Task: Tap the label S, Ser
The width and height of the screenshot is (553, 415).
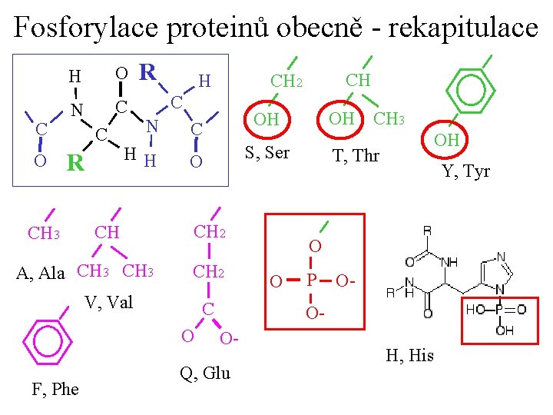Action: pyautogui.click(x=267, y=152)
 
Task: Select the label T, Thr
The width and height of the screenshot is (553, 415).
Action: pyautogui.click(x=355, y=156)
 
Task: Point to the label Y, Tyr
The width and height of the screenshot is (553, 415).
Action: pyautogui.click(x=465, y=171)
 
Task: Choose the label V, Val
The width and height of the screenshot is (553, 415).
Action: pyautogui.click(x=109, y=302)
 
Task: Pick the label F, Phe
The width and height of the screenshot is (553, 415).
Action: pyautogui.click(x=55, y=389)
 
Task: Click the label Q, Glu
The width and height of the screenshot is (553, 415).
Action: pyautogui.click(x=204, y=373)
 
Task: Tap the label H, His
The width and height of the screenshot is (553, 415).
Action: pyautogui.click(x=409, y=355)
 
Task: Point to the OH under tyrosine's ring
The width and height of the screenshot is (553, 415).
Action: pyautogui.click(x=446, y=140)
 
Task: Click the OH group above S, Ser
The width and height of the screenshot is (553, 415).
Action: pyautogui.click(x=266, y=119)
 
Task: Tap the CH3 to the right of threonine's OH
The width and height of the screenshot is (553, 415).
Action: pyautogui.click(x=389, y=118)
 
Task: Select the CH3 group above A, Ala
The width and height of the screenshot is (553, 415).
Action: pyautogui.click(x=43, y=233)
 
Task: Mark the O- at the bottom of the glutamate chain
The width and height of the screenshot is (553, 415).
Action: pyautogui.click(x=229, y=339)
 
